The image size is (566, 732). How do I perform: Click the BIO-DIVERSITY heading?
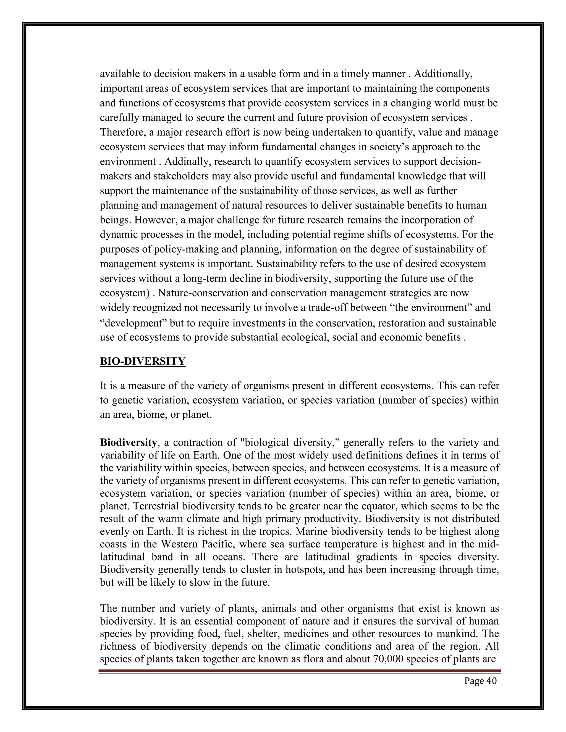tap(143, 361)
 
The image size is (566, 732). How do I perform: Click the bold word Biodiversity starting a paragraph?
tap(128, 443)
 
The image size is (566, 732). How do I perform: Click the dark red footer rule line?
tap(299, 671)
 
